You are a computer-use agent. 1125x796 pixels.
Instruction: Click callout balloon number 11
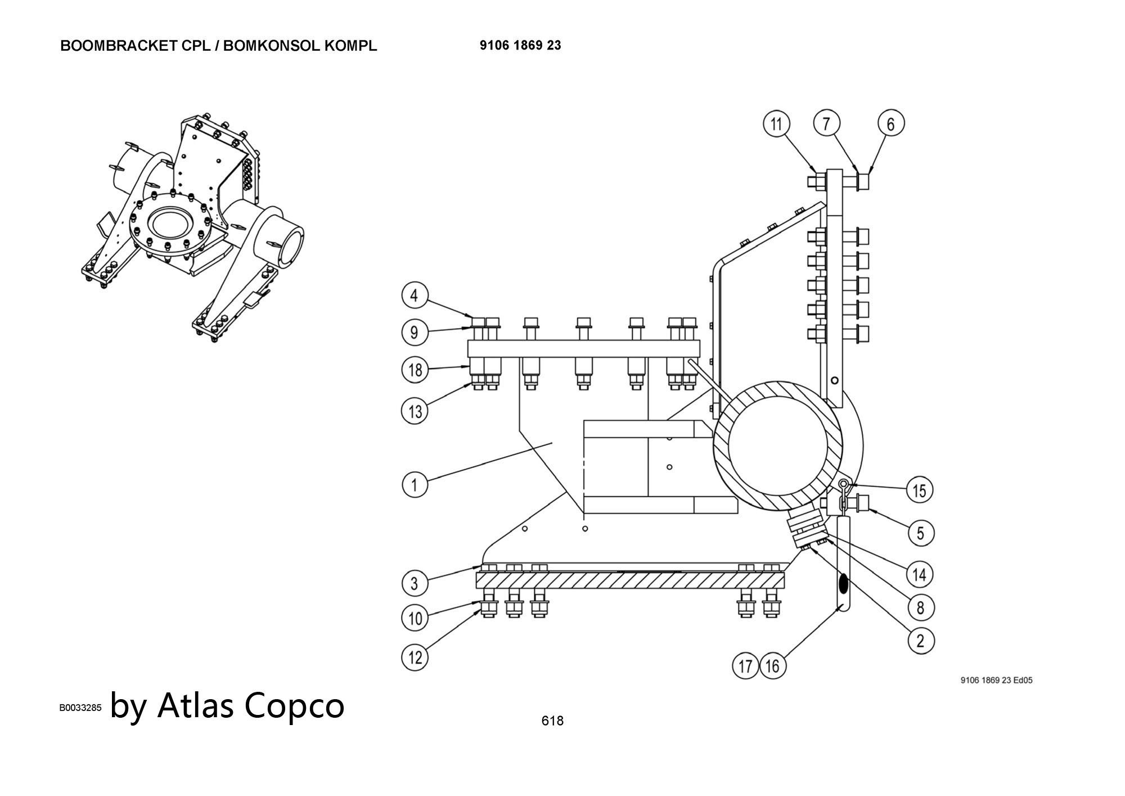[x=776, y=124]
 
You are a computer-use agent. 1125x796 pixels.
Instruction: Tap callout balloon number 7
[x=826, y=123]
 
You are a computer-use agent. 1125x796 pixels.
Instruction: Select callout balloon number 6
[x=891, y=124]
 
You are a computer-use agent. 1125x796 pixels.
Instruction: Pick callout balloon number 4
[x=415, y=296]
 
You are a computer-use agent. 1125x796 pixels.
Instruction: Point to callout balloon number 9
[x=415, y=332]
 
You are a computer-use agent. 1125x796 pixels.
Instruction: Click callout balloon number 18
[x=415, y=370]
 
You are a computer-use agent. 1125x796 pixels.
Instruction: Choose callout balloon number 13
[x=415, y=411]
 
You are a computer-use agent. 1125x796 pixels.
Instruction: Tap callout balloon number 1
[x=415, y=484]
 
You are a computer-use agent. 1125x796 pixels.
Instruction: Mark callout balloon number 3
[x=415, y=583]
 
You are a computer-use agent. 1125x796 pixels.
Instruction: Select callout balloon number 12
[x=415, y=657]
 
